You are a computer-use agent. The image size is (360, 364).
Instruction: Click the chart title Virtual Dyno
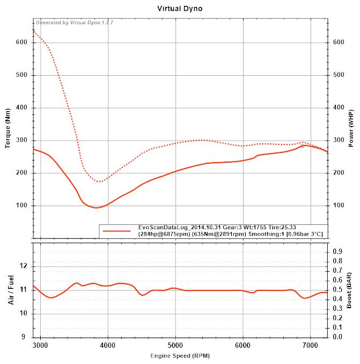[x=180, y=9]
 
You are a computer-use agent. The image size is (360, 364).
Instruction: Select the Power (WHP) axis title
[x=351, y=128]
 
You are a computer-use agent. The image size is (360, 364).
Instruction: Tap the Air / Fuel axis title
[x=10, y=290]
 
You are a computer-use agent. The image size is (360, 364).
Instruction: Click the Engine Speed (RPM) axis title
[x=180, y=355]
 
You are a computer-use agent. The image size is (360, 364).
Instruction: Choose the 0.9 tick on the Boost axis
[x=337, y=251]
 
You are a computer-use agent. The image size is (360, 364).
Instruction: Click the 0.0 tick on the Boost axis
[x=337, y=337]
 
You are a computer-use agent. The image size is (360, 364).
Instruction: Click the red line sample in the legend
[x=116, y=230]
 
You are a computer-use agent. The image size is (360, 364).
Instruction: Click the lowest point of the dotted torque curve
[x=99, y=181]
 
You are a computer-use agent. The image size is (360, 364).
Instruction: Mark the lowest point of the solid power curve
[x=96, y=207]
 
